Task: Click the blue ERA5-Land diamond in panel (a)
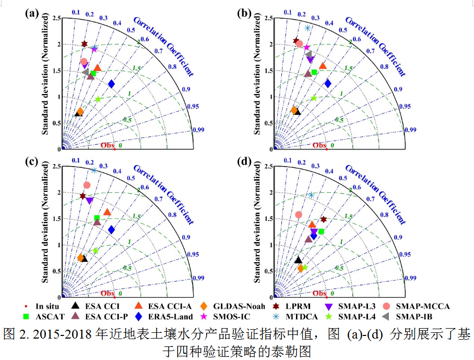111,84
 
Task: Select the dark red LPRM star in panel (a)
85,44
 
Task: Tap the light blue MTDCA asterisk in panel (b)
308,28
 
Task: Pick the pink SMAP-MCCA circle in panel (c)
87,185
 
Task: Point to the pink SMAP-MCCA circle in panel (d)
299,214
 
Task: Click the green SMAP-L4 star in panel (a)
98,99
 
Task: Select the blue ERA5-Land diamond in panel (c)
111,229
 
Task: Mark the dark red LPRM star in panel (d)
324,219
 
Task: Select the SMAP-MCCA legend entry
418,306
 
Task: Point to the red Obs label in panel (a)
107,145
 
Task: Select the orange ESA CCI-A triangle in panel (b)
323,66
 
